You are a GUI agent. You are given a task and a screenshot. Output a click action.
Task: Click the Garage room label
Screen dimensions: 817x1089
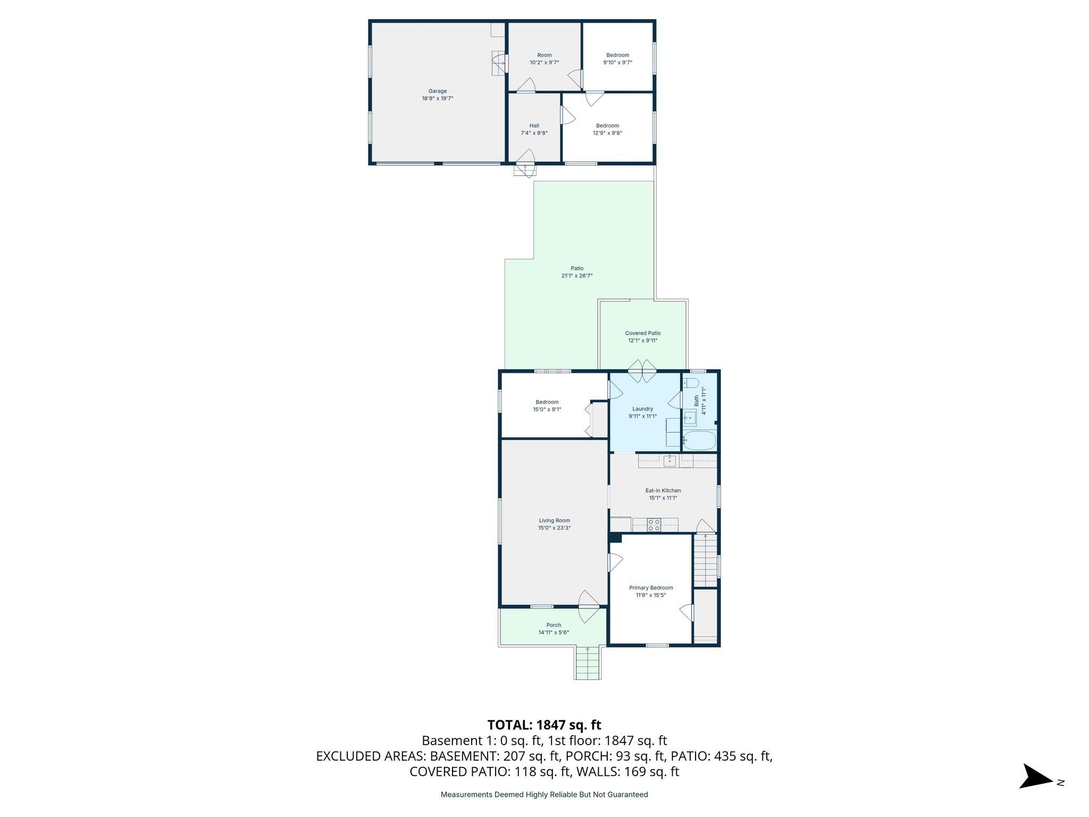[x=438, y=91]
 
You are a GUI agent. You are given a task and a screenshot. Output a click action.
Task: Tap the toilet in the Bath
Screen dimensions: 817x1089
[x=691, y=383]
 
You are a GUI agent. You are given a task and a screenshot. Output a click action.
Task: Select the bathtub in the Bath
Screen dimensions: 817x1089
[x=700, y=440]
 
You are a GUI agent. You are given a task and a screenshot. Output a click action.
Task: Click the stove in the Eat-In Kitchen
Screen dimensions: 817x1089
[x=654, y=525]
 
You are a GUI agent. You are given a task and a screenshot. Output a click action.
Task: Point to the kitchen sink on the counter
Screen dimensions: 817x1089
[x=669, y=461]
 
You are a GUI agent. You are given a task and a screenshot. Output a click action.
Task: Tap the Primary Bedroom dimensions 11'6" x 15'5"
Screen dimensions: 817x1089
[x=651, y=595]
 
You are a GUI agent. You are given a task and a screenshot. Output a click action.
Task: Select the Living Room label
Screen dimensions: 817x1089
[x=554, y=521]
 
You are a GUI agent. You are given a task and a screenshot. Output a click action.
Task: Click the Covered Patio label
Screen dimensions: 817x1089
[x=642, y=333]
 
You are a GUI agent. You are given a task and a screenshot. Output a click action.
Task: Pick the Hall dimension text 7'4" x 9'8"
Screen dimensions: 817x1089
[x=534, y=133]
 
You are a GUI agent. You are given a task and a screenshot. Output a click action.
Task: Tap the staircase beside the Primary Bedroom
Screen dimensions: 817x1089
[x=705, y=561]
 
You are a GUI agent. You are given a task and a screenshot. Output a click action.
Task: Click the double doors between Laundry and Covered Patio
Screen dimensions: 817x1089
[x=642, y=371]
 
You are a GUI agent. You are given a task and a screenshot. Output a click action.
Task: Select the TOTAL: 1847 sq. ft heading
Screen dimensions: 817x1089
[x=544, y=725]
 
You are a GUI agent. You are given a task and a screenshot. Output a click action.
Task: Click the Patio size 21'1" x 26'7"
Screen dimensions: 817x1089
[x=576, y=276]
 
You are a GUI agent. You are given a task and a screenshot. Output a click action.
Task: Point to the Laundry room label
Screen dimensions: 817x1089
[x=642, y=409]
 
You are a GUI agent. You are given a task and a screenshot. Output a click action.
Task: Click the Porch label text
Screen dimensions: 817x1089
[x=554, y=625]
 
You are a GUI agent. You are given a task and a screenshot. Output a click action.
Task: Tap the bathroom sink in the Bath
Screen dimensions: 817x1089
[x=690, y=418]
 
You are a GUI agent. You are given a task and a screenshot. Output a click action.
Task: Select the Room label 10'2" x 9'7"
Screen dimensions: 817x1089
[x=544, y=59]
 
